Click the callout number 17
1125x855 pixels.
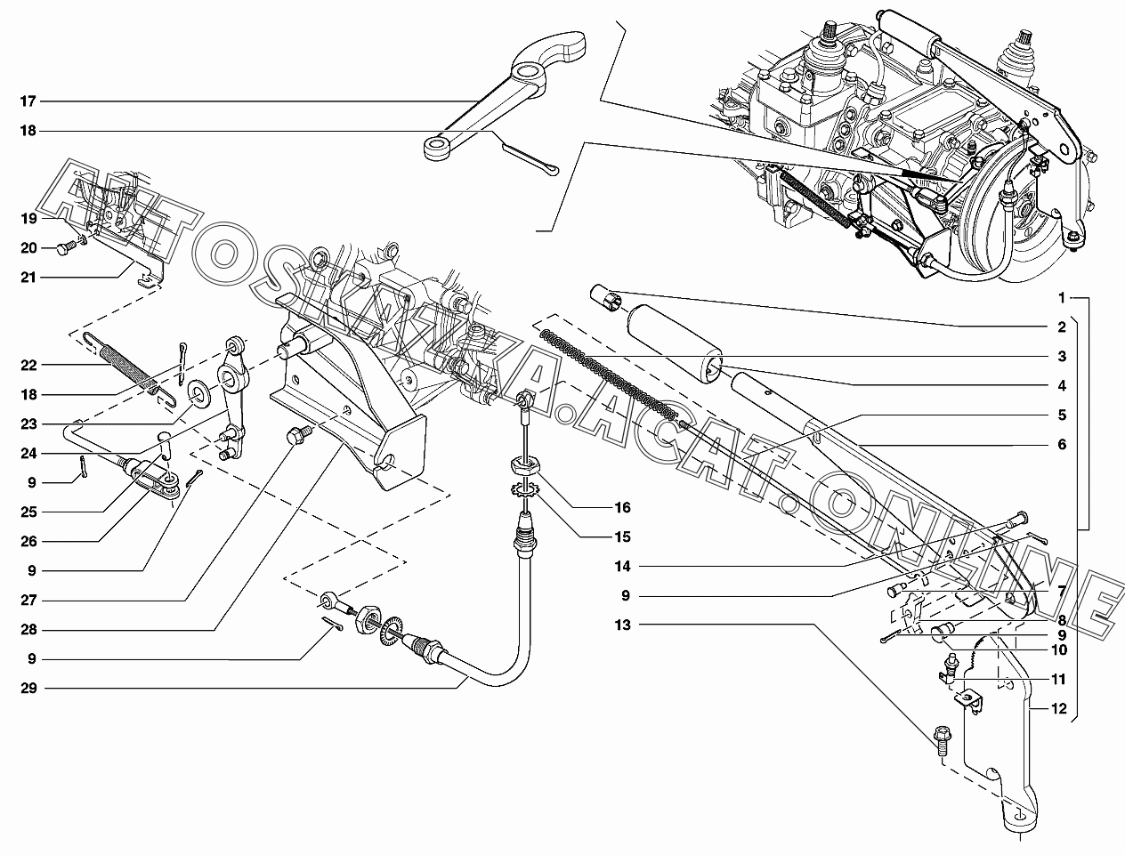28,101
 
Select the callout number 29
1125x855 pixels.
28,688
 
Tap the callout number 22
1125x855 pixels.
28,365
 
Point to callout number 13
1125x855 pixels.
646,625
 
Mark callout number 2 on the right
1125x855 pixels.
1062,327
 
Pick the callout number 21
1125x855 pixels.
28,278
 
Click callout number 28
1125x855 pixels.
28,630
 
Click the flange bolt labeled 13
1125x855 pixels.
942,740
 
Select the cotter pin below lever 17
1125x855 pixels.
530,158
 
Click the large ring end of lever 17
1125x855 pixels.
532,72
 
